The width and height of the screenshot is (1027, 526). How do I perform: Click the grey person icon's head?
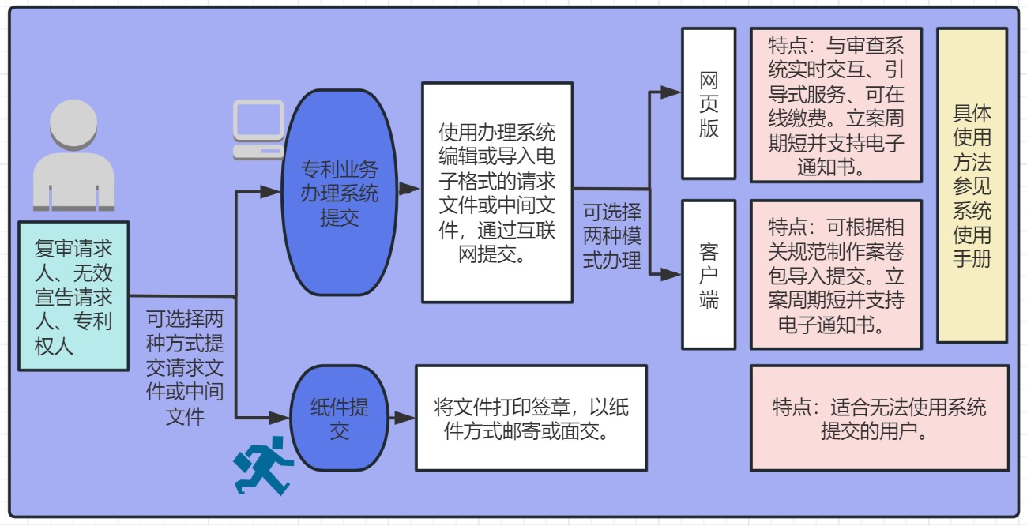(x=73, y=124)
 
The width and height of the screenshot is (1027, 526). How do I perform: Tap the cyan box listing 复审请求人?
(x=73, y=296)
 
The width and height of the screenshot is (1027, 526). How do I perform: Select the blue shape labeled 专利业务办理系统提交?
(x=339, y=193)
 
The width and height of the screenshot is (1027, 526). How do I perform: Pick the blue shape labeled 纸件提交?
(x=339, y=418)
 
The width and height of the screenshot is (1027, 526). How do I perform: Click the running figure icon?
(x=263, y=465)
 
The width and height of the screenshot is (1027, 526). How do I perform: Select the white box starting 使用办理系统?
(x=498, y=193)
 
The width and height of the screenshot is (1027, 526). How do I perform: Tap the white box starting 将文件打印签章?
(x=532, y=418)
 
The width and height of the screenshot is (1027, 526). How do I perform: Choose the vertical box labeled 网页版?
(x=709, y=103)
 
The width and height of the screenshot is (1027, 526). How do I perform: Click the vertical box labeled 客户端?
(x=709, y=275)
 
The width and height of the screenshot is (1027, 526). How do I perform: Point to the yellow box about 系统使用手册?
(x=972, y=185)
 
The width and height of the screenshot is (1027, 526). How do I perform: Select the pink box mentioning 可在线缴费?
(x=837, y=105)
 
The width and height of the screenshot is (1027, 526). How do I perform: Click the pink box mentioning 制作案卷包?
(x=837, y=275)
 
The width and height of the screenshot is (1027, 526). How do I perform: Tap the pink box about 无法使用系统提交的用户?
(x=880, y=418)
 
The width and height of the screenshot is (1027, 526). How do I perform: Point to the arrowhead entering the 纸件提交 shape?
(x=280, y=418)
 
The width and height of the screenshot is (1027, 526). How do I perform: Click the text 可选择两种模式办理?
(x=612, y=236)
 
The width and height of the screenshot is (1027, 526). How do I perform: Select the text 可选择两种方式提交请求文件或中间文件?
(x=185, y=368)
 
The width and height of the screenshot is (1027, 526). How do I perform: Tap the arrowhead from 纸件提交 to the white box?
(x=404, y=418)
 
